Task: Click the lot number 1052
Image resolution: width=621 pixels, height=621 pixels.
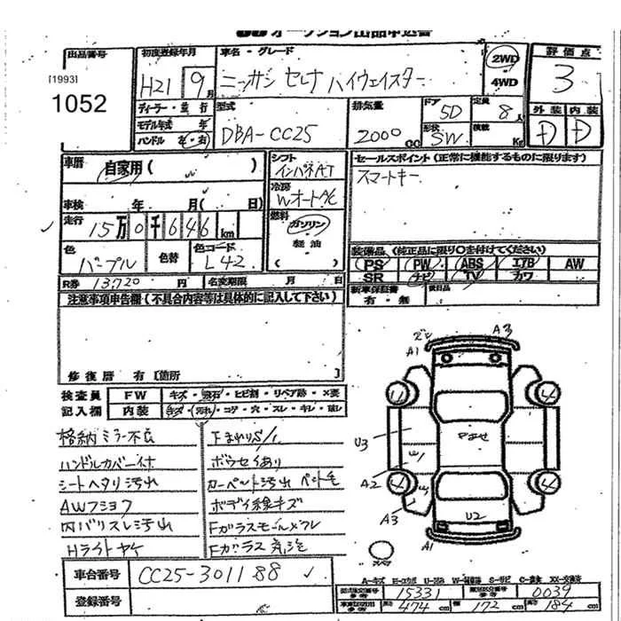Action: click(x=79, y=105)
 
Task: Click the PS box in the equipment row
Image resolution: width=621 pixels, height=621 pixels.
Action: click(x=375, y=264)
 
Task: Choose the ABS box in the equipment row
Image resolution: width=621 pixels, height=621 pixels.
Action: click(x=472, y=264)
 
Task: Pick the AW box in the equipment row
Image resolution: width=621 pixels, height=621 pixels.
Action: click(x=573, y=264)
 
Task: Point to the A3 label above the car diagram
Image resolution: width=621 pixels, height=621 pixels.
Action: click(x=502, y=330)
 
